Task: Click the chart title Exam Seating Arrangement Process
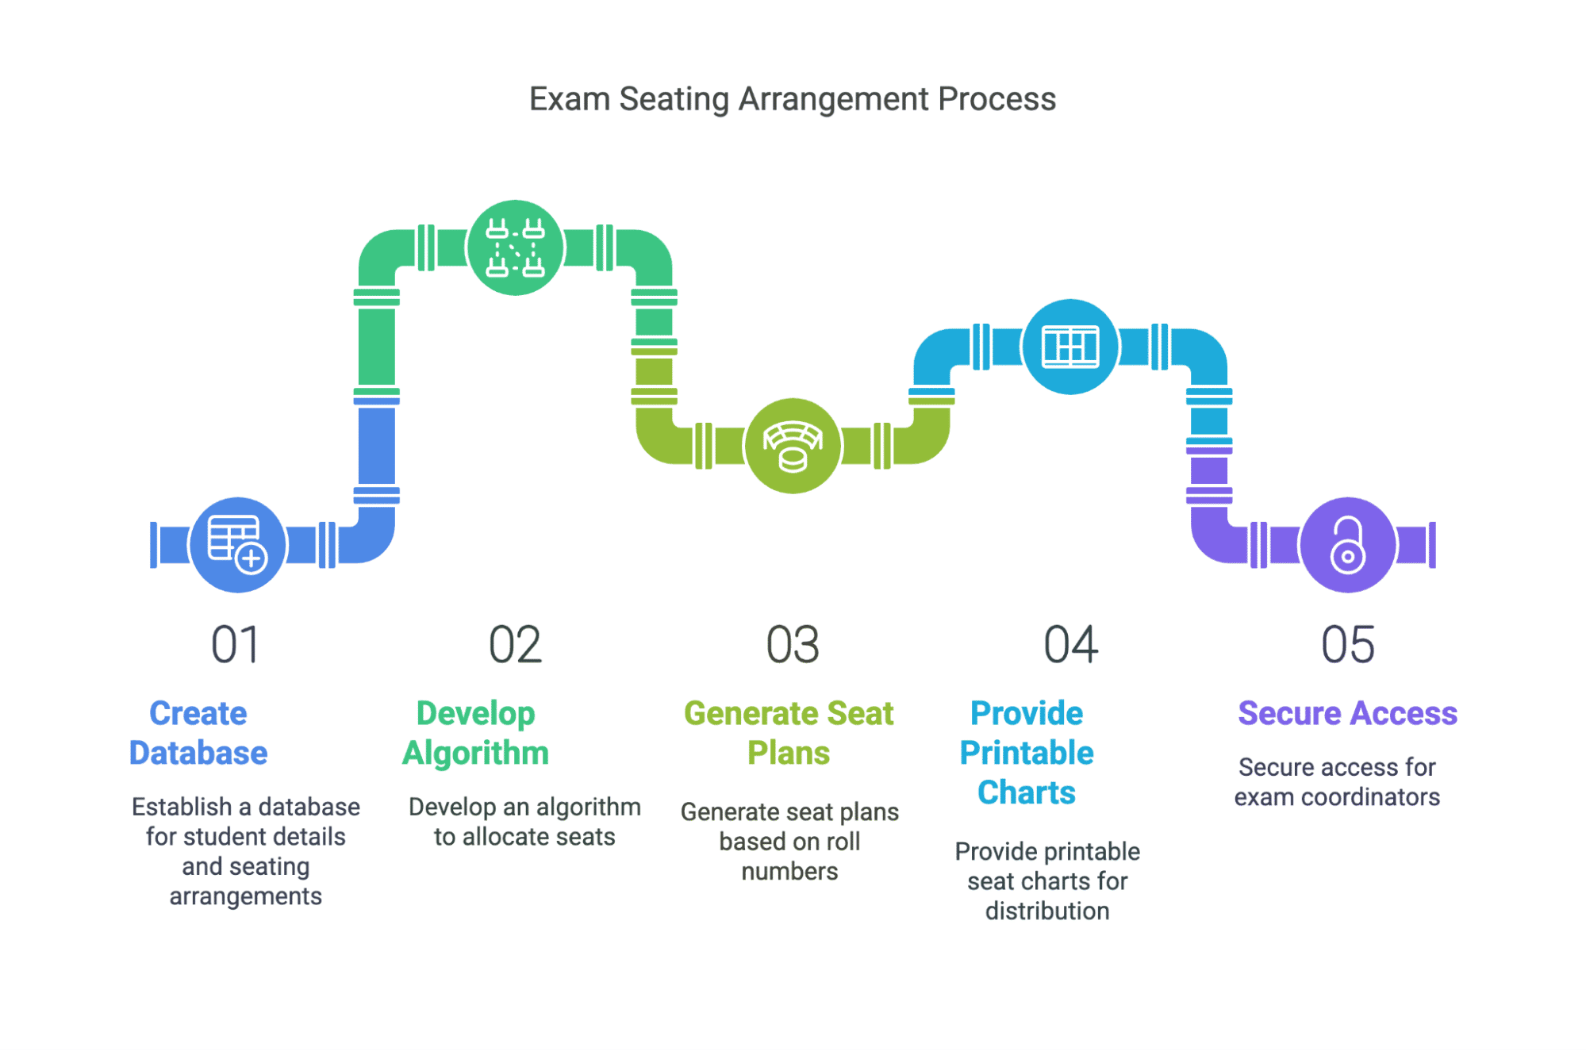792,99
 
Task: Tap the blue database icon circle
238,545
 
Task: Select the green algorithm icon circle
515,247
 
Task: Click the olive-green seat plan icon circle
793,446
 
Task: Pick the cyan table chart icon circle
1070,347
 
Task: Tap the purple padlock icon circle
1348,545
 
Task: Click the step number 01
236,644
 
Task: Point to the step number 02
515,644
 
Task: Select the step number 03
793,644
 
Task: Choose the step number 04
1071,644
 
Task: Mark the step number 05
1348,644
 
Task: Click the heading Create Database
198,733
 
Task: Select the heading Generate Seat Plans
789,733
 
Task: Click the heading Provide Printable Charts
1027,753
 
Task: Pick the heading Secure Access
1348,713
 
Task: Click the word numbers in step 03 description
789,871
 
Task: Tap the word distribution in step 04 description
1047,911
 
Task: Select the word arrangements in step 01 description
246,896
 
